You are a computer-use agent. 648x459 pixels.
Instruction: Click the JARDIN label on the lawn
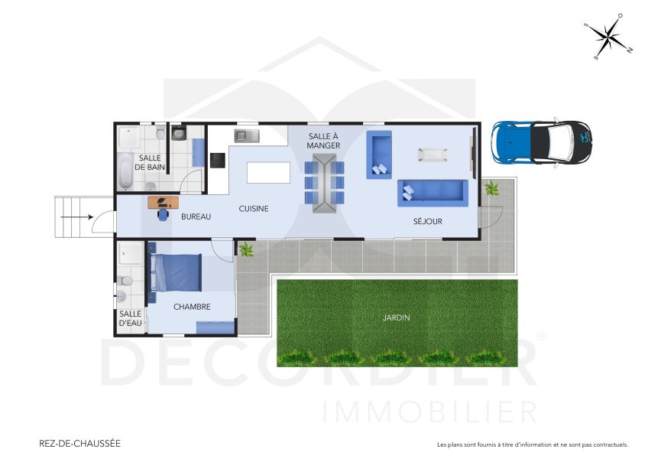click(397, 317)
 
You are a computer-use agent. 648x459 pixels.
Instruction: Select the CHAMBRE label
click(192, 307)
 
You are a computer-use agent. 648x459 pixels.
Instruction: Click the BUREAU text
click(196, 216)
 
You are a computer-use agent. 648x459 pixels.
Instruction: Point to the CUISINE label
click(254, 208)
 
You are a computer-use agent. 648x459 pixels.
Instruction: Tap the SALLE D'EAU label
click(131, 318)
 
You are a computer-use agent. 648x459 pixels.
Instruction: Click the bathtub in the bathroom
click(125, 171)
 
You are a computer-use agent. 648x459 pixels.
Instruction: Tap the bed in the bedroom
click(177, 272)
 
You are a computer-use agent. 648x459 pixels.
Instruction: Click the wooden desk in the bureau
click(163, 202)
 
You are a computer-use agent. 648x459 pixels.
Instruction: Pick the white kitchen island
click(268, 173)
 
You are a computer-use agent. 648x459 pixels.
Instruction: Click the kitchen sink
click(247, 136)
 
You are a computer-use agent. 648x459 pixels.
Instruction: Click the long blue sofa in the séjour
click(432, 191)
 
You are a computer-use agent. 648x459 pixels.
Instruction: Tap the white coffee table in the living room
click(433, 154)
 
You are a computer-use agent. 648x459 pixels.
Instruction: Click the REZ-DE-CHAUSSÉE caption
click(79, 443)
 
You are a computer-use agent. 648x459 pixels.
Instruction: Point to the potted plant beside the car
click(491, 187)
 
